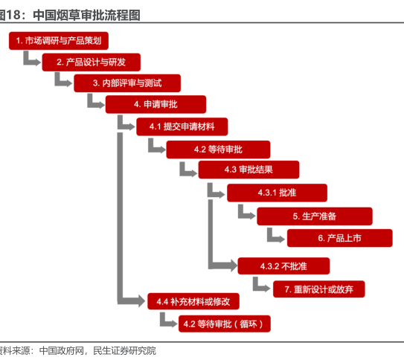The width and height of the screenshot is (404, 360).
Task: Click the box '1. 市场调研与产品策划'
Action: click(59, 41)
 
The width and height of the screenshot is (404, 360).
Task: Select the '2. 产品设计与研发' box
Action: click(92, 62)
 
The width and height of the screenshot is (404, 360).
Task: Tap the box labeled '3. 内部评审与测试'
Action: click(127, 83)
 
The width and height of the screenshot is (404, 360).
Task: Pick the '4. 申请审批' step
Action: click(155, 104)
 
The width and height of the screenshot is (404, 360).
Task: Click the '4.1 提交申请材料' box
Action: click(182, 126)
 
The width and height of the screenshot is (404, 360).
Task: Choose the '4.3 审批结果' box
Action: click(249, 170)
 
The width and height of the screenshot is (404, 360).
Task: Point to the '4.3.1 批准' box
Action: click(277, 193)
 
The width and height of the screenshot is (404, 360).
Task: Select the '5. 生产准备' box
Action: click(315, 216)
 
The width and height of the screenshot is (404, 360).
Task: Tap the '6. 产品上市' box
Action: click(340, 238)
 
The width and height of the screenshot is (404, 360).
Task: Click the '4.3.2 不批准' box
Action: click(283, 266)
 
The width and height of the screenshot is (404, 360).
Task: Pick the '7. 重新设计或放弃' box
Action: click(319, 289)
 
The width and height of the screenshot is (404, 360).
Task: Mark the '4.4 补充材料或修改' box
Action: click(193, 301)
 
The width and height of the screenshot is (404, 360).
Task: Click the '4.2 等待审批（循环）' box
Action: click(225, 324)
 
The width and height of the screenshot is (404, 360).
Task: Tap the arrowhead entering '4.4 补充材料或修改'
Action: click(141, 300)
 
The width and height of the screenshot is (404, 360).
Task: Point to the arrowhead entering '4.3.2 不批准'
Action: click(234, 266)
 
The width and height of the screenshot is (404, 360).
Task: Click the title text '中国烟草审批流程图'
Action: click(86, 15)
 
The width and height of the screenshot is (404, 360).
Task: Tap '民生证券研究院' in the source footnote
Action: click(124, 351)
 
